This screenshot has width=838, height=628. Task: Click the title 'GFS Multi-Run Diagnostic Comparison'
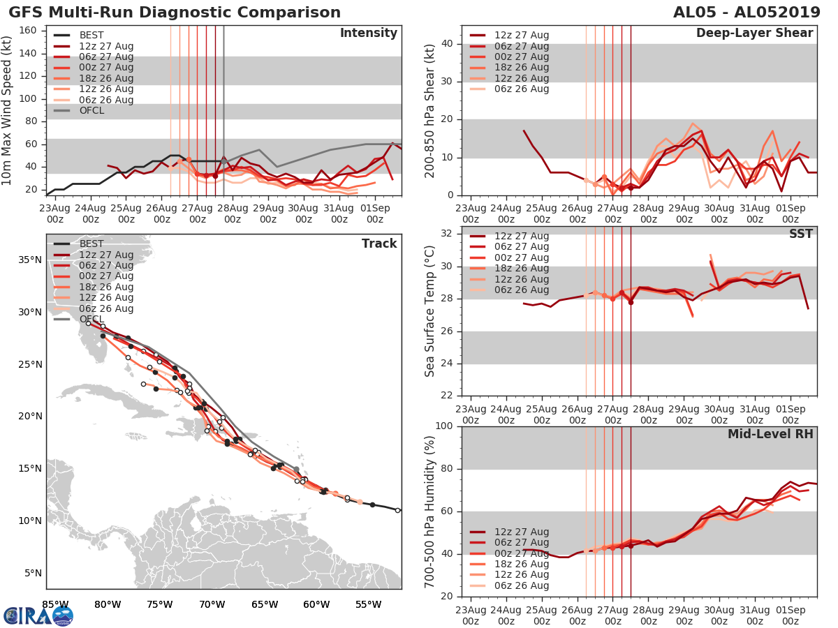(175, 13)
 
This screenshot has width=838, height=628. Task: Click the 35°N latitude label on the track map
(29, 260)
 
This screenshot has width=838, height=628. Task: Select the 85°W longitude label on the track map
(56, 604)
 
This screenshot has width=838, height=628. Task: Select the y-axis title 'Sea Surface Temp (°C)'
(430, 311)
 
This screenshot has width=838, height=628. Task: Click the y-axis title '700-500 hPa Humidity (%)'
(430, 511)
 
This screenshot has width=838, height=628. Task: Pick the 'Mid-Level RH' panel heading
(770, 434)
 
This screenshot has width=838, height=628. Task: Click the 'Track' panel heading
(379, 244)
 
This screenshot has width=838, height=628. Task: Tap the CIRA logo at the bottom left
(38, 615)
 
